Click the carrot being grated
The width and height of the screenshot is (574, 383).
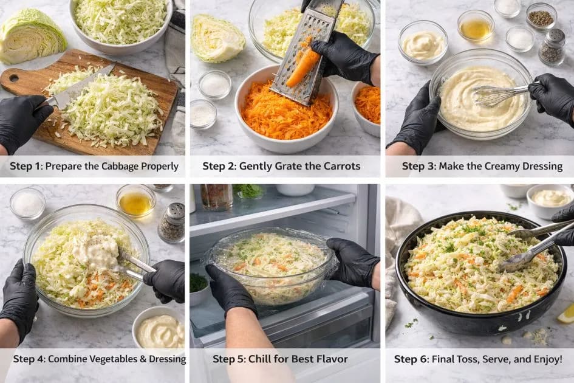[x=303, y=67]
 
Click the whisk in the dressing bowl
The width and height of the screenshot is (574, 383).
[x=495, y=94]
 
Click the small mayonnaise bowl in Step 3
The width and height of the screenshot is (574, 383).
[x=423, y=44]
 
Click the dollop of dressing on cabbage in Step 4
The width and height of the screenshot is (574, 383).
[x=97, y=249]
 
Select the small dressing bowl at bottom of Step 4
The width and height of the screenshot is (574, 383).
[x=159, y=330]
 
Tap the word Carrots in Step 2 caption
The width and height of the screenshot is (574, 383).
[x=341, y=166]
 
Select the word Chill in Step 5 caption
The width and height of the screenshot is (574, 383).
[x=261, y=359]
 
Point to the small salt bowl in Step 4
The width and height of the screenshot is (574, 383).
[x=27, y=204]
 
